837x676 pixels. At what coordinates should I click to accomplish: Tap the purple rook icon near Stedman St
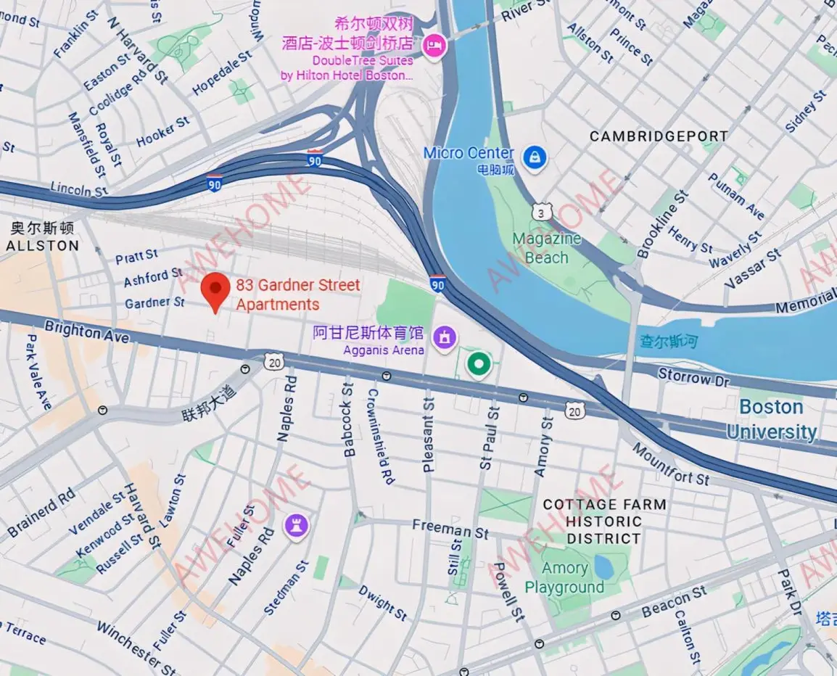coord(297,526)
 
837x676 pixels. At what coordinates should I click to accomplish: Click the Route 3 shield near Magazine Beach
coord(542,212)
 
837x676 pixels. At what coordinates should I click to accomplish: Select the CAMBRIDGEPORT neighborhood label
coord(658,136)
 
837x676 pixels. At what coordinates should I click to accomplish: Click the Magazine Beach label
coord(546,248)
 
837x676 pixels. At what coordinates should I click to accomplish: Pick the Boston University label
coord(771,419)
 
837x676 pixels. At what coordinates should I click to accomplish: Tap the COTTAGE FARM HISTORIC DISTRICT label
coord(604,522)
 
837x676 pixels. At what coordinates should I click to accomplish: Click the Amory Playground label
coord(564,578)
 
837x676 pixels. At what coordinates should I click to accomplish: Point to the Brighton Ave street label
coord(86,332)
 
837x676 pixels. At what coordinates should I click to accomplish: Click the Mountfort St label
coord(670,464)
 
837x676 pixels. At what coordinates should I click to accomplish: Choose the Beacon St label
coord(674,603)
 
